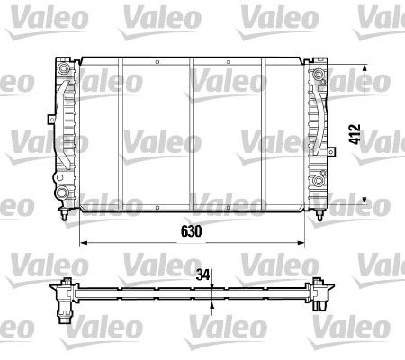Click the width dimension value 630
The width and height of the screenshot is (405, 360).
(192, 230)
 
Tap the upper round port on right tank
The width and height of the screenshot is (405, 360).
(319, 74)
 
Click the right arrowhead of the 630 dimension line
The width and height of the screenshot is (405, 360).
(301, 243)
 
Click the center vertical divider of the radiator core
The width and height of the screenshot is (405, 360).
(191, 135)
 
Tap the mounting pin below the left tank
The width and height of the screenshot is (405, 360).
(64, 216)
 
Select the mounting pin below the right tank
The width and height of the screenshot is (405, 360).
(319, 216)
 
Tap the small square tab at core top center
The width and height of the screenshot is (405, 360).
(156, 62)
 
